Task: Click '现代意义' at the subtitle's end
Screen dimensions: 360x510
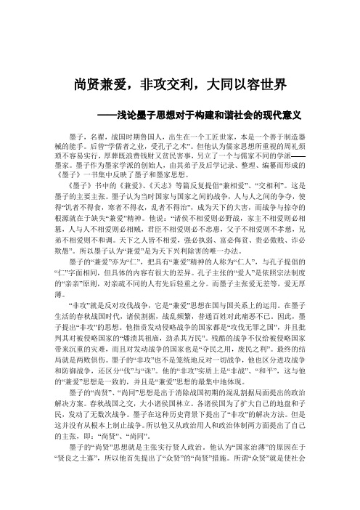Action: (x=287, y=115)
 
